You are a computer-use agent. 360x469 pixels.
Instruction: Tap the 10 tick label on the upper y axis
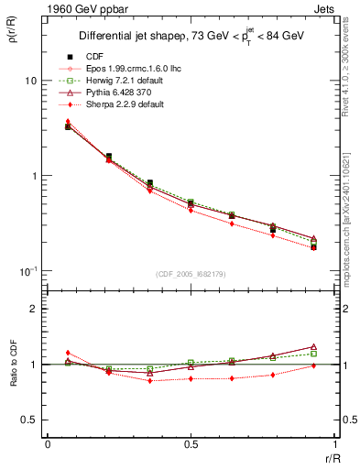pyautogui.click(x=30, y=81)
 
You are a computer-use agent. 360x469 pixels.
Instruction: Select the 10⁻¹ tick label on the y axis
pyautogui.click(x=28, y=271)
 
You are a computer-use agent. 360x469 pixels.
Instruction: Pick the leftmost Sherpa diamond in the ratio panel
pyautogui.click(x=68, y=353)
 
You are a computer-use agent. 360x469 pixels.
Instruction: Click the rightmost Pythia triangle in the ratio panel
pyautogui.click(x=313, y=347)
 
